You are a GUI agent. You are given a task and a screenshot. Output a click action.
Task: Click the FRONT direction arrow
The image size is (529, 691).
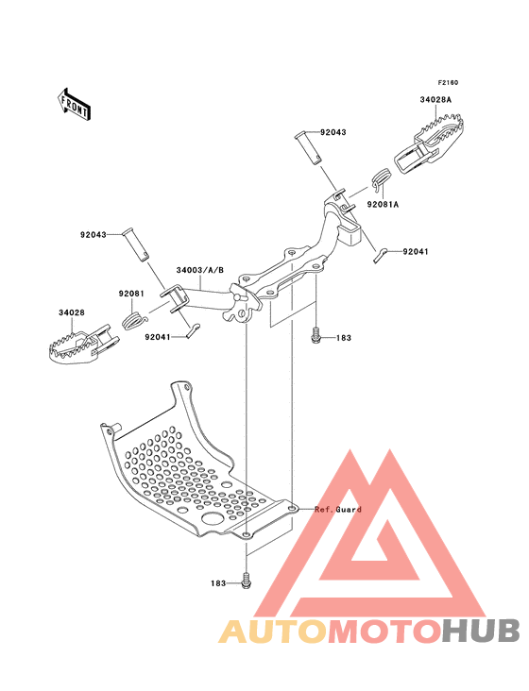[x=74, y=104]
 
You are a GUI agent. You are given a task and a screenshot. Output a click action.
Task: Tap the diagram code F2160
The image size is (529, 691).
[x=448, y=82]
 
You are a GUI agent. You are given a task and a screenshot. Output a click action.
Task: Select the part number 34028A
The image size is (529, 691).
[x=435, y=100]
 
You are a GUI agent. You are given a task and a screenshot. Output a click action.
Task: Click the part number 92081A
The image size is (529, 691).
[x=383, y=205]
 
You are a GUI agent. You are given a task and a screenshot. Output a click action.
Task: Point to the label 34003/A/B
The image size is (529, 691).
[x=199, y=270]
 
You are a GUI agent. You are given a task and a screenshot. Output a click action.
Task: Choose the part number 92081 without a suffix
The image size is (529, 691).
[x=131, y=294]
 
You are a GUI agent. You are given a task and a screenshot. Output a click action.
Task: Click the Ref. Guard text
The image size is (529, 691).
[x=338, y=510]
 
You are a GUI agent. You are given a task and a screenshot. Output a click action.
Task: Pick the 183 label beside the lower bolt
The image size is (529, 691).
[x=218, y=583]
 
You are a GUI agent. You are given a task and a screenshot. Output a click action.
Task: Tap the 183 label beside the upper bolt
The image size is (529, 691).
[x=344, y=338]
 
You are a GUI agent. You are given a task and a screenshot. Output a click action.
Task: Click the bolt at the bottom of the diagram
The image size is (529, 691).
[x=247, y=581]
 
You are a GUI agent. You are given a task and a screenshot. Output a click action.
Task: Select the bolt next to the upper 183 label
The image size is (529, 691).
[x=316, y=335]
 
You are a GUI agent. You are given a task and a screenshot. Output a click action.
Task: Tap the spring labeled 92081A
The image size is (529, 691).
[x=381, y=179]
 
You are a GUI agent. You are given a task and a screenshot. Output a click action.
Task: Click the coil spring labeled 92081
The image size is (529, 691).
[x=132, y=320]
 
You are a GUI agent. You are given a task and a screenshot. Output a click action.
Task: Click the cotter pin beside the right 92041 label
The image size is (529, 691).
[x=380, y=255]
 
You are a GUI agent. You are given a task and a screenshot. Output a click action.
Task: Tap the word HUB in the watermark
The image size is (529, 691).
[x=482, y=631]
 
